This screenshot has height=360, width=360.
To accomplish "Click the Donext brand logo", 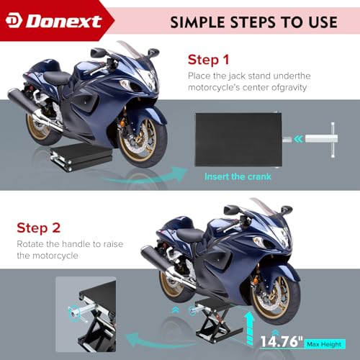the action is [x=54, y=21].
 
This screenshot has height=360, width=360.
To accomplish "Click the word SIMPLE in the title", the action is [x=197, y=22].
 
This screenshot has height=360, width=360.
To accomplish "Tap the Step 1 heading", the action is [x=208, y=60].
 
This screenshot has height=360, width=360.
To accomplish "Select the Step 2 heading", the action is [x=38, y=228].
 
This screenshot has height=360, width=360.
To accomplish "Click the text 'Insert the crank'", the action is [x=238, y=176].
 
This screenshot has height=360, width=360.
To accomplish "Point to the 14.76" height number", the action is [x=282, y=341].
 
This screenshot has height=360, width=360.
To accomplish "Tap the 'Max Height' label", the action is [x=324, y=344].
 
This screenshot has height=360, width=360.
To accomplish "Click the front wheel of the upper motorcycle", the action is [x=142, y=142].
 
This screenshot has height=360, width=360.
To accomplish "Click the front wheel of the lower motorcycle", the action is [x=275, y=299].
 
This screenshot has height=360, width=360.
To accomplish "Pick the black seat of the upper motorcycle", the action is [x=57, y=78].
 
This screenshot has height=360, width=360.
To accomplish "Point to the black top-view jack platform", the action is [x=238, y=140].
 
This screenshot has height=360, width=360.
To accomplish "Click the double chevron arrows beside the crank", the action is [x=298, y=139].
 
